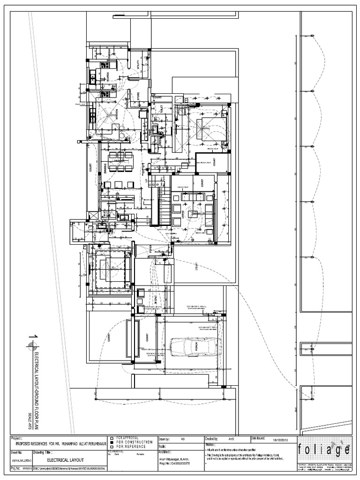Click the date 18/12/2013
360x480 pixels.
[280, 440]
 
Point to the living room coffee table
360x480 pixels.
[192, 214]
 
